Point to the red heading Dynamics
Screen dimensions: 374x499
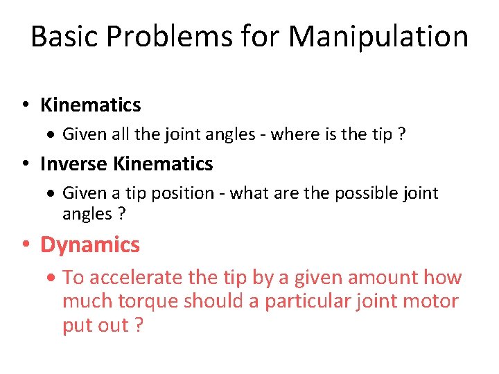[x=90, y=244]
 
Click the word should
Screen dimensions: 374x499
[x=216, y=301]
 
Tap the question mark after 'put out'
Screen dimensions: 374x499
[x=137, y=326]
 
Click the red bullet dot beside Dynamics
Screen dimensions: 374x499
[x=25, y=245]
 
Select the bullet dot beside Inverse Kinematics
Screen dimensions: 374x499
[x=25, y=165]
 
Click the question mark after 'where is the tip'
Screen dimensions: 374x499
[x=401, y=134]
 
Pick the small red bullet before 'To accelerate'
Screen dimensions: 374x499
[x=55, y=278]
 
